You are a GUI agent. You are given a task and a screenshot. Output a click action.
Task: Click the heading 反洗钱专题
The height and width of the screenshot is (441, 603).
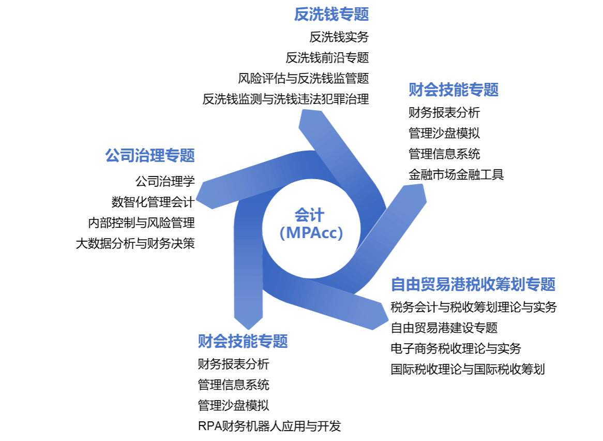(x=331, y=14)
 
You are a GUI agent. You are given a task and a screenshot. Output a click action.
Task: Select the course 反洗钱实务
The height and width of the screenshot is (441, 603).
(x=339, y=37)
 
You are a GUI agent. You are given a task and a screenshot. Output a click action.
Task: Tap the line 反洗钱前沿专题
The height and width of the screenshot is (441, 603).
(x=327, y=58)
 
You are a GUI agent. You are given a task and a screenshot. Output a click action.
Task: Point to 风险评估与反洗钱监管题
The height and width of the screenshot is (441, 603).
(x=304, y=79)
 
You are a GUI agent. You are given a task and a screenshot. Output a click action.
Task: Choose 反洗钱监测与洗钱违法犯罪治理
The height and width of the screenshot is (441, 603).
(x=286, y=99)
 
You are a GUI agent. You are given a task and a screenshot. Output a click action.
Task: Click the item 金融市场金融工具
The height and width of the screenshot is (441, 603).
(x=456, y=175)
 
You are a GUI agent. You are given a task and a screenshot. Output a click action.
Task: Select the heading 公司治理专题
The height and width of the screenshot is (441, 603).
(x=150, y=156)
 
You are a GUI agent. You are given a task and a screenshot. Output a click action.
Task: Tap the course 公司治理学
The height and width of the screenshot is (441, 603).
(x=165, y=181)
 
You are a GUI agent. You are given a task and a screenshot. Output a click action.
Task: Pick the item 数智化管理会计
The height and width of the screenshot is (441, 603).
(x=153, y=202)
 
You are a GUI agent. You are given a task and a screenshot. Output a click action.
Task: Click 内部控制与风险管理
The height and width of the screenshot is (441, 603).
(x=142, y=223)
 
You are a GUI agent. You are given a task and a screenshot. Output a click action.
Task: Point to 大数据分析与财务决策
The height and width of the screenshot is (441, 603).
(x=135, y=244)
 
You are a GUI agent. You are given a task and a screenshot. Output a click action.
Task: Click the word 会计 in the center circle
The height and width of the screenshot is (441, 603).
(x=310, y=215)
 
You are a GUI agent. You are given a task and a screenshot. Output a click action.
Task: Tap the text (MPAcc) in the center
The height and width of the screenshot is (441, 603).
(x=311, y=233)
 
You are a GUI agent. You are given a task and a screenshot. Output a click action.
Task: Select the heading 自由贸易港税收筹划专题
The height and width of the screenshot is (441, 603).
(x=473, y=284)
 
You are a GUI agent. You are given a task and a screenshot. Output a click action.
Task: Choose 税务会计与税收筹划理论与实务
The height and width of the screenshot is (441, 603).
(x=474, y=307)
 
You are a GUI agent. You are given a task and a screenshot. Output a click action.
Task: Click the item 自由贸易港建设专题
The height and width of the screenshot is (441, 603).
(x=444, y=328)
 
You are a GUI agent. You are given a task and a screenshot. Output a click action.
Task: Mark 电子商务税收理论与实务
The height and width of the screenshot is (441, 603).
(x=456, y=349)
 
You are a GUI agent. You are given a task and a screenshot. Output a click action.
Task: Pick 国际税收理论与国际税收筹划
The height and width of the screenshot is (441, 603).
(x=468, y=370)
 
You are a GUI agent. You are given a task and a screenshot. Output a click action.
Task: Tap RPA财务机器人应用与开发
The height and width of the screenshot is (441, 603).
(x=269, y=426)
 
